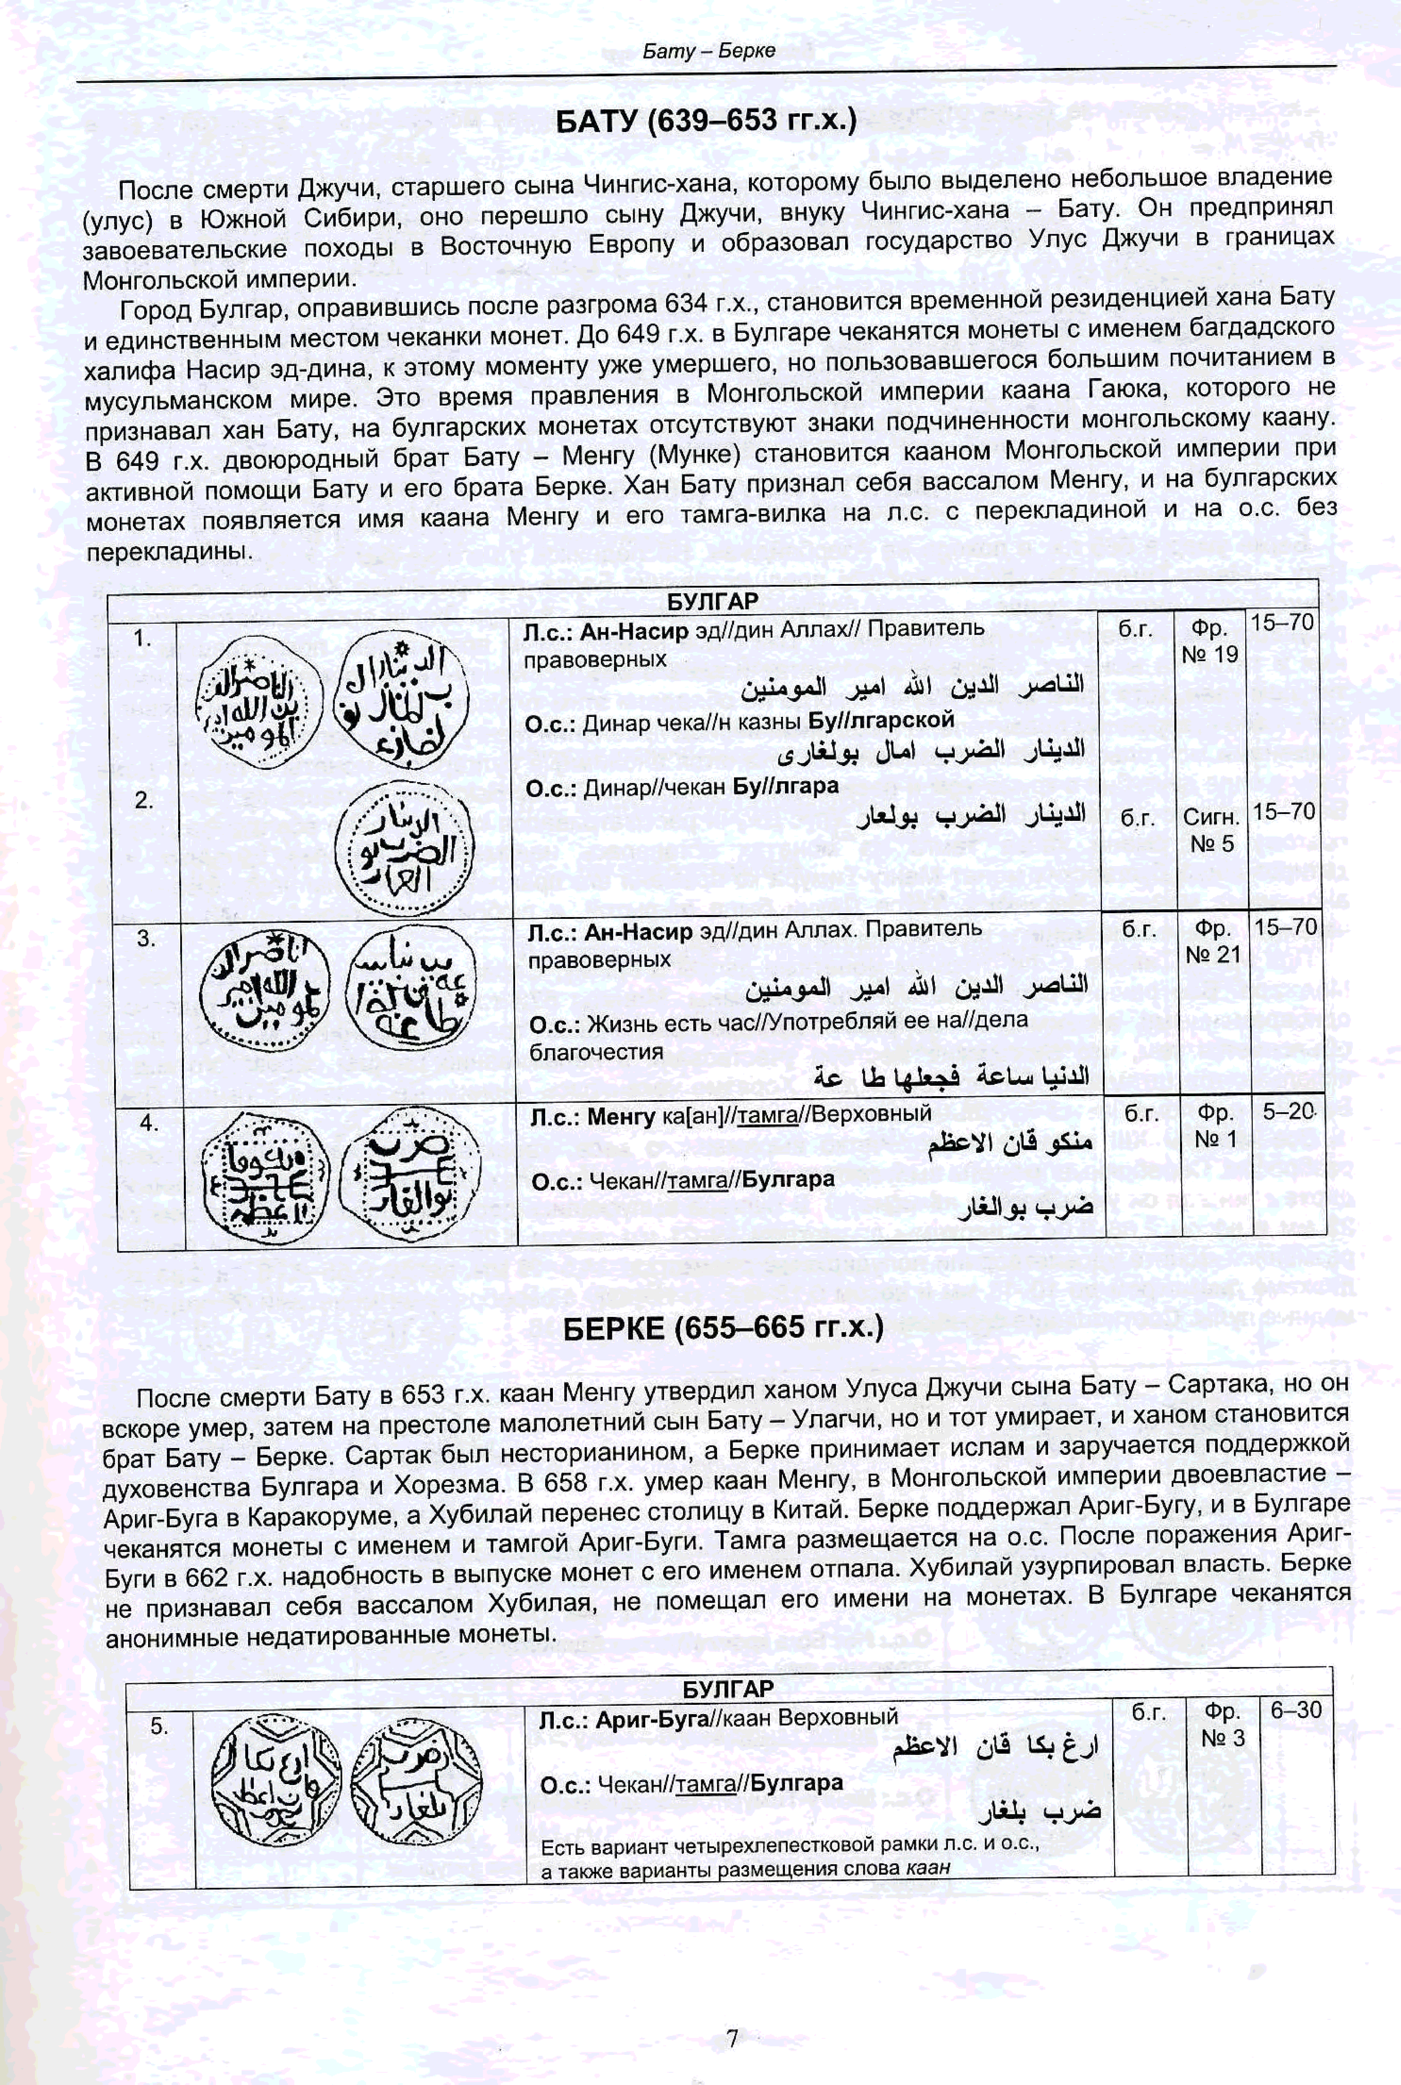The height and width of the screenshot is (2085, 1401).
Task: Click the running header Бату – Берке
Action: (x=709, y=51)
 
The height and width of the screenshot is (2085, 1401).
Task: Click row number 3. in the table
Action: (x=146, y=938)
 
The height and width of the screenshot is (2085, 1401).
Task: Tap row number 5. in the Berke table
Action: (x=159, y=1726)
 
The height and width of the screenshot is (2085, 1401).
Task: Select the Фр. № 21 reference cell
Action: (x=1212, y=942)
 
